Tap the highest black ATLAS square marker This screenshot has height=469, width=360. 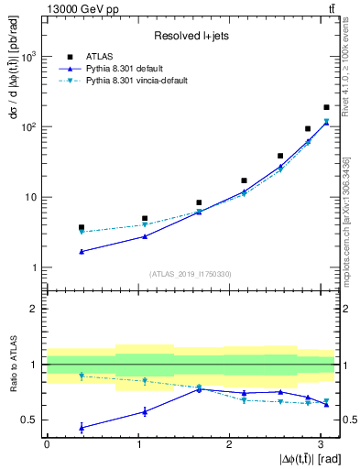[x=326, y=107]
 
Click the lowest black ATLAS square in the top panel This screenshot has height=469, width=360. [x=82, y=227]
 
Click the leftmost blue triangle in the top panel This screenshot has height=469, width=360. [x=82, y=251]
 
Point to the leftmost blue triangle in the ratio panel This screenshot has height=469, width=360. [x=82, y=428]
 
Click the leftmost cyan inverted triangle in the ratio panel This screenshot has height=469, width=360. [x=82, y=376]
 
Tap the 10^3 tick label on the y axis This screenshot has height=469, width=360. [x=27, y=57]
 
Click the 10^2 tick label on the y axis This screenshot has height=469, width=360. [x=27, y=127]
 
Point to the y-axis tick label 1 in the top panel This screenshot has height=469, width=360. [x=35, y=268]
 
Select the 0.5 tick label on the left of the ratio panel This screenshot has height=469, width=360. [x=30, y=420]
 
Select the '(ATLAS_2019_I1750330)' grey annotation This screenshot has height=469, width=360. [x=190, y=274]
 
